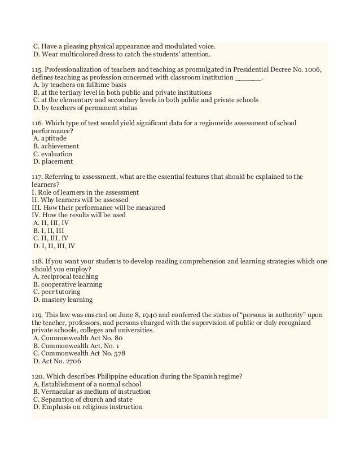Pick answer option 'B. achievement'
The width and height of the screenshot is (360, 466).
(56, 146)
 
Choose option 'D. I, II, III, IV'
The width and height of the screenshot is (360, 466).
(54, 246)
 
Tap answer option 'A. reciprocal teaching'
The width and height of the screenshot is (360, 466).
(65, 276)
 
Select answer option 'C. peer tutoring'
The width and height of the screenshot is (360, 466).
(58, 292)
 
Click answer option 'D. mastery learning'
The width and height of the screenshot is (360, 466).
(63, 300)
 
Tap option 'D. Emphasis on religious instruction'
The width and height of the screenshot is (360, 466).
(88, 407)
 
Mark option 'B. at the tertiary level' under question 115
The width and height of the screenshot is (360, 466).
(122, 92)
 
